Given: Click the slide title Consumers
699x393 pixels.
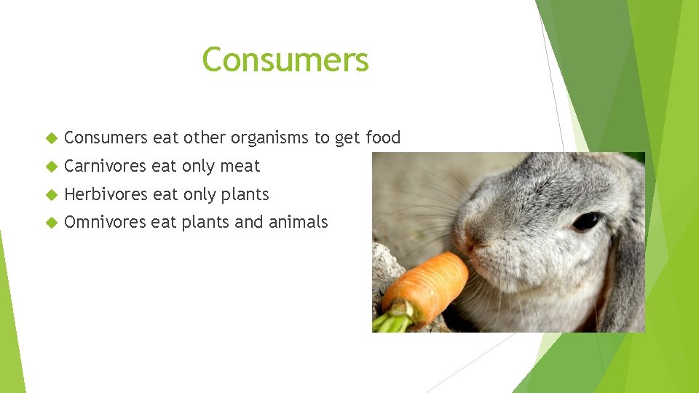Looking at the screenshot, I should pyautogui.click(x=285, y=60).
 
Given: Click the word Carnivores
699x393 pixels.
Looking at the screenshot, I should pyautogui.click(x=106, y=167).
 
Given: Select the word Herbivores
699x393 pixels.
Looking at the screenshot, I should pyautogui.click(x=106, y=195).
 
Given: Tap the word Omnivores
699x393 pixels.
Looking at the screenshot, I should pyautogui.click(x=105, y=223).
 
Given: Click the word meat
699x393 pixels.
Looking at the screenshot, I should pyautogui.click(x=240, y=167).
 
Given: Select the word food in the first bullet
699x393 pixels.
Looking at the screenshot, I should pyautogui.click(x=383, y=138).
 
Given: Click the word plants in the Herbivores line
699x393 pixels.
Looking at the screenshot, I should pyautogui.click(x=245, y=195).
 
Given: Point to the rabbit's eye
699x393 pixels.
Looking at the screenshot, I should pyautogui.click(x=586, y=221).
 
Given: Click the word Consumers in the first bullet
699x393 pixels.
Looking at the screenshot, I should pyautogui.click(x=106, y=138).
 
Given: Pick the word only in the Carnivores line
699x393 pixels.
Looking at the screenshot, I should pyautogui.click(x=198, y=167).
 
